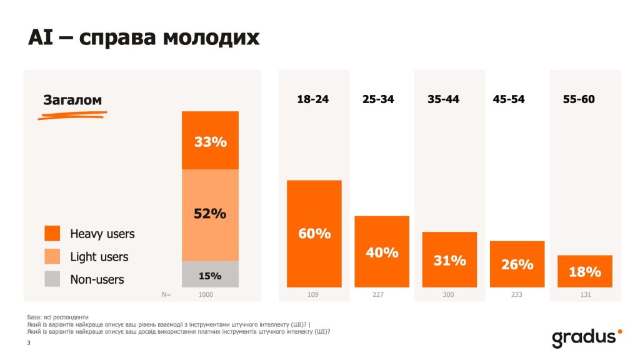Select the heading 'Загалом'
click(x=72, y=100)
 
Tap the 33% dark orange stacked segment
click(x=210, y=141)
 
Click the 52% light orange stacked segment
click(x=210, y=214)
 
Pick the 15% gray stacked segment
click(x=210, y=274)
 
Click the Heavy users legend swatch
click(x=52, y=234)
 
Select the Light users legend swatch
click(x=52, y=256)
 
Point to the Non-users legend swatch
click(x=52, y=279)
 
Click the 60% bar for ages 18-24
click(x=314, y=234)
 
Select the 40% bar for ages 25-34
click(x=382, y=252)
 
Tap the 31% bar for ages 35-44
click(x=449, y=260)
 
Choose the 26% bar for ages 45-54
click(x=517, y=264)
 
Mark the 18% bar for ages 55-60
click(x=584, y=271)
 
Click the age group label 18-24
click(x=313, y=99)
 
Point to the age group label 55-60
click(x=579, y=99)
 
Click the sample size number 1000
click(x=206, y=294)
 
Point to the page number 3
click(x=29, y=343)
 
